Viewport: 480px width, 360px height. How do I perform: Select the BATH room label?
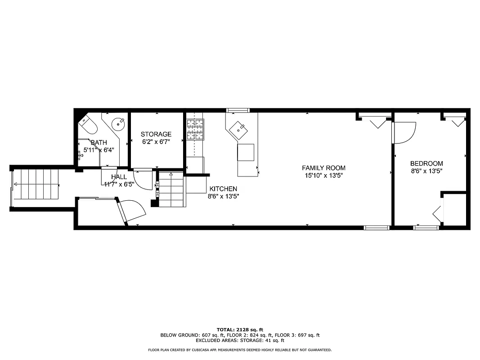99,143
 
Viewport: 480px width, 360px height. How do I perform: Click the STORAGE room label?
156,134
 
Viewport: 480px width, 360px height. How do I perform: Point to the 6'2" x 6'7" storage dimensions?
156,142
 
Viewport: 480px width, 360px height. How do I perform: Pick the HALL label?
119,177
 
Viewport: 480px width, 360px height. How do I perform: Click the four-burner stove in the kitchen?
195,128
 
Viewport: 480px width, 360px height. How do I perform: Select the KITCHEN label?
223,189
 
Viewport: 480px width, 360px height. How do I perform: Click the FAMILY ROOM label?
323,168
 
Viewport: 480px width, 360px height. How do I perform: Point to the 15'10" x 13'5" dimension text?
323,175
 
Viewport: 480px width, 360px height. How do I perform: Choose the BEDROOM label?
426,163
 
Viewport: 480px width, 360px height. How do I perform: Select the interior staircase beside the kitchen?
171,189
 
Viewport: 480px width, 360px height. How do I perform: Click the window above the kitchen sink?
238,110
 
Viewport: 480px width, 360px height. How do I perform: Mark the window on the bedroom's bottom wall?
426,228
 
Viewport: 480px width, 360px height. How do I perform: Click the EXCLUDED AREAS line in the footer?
240,341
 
